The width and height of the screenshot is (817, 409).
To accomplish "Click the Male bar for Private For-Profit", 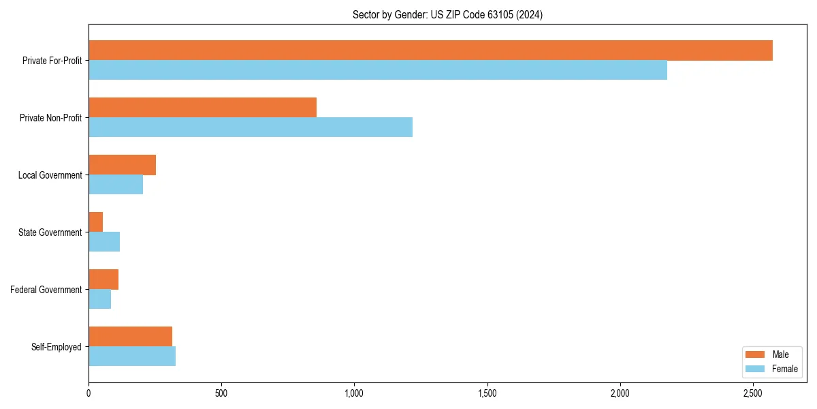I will pyautogui.click(x=430, y=50).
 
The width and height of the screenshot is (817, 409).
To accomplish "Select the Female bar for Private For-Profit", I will pyautogui.click(x=378, y=70).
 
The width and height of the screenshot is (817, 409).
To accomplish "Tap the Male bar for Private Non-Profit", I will pyautogui.click(x=202, y=108).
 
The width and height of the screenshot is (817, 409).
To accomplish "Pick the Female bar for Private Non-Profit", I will pyautogui.click(x=251, y=127).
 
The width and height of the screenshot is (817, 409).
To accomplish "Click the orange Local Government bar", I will pyautogui.click(x=122, y=165).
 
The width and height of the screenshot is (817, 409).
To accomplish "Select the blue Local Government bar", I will pyautogui.click(x=116, y=185).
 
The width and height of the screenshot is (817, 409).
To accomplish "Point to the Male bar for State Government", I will pyautogui.click(x=96, y=222).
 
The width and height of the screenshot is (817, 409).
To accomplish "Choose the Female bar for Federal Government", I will pyautogui.click(x=100, y=299).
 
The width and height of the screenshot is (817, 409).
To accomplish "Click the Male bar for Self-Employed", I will pyautogui.click(x=130, y=337).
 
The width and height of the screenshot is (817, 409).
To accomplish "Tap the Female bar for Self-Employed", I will pyautogui.click(x=132, y=357).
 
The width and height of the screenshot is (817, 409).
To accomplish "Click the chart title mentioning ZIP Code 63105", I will pyautogui.click(x=447, y=14).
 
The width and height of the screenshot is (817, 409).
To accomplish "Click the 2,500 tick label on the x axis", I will pyautogui.click(x=752, y=394).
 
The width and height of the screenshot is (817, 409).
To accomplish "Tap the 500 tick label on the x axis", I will pyautogui.click(x=221, y=394).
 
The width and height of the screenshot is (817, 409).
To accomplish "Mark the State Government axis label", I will pyautogui.click(x=50, y=232).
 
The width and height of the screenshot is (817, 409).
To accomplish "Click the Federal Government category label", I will pyautogui.click(x=46, y=290).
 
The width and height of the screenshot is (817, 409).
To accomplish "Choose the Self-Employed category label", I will pyautogui.click(x=57, y=347).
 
